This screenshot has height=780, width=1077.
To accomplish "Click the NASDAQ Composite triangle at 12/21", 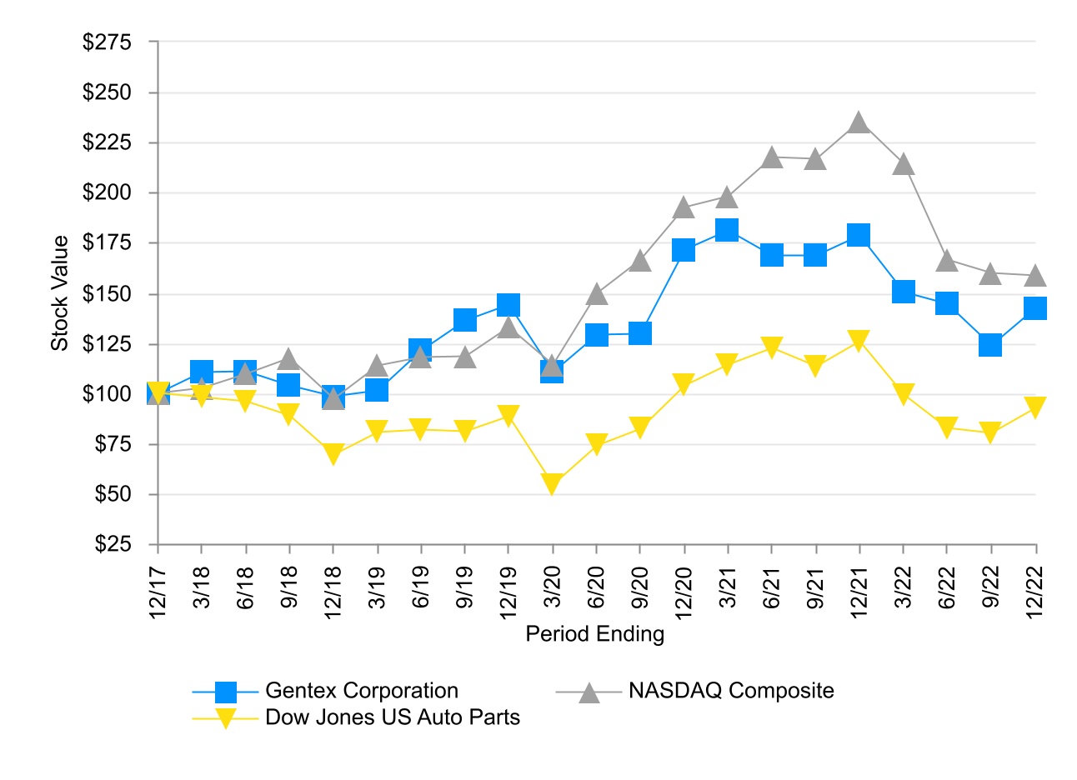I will click(859, 123).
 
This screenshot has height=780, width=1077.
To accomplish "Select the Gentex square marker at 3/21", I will click(727, 230).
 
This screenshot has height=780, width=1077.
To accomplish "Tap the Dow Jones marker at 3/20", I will click(552, 483).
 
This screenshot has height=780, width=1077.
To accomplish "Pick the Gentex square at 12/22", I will click(1035, 308).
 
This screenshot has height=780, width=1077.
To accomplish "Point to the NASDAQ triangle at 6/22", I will click(947, 261).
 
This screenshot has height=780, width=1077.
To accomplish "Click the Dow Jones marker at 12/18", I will click(333, 454).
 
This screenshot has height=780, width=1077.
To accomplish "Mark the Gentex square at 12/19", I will click(508, 304).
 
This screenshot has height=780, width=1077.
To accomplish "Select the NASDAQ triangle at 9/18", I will click(288, 359).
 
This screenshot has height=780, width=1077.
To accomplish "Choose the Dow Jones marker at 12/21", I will click(859, 340).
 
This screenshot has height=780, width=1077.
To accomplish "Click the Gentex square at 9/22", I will click(990, 344).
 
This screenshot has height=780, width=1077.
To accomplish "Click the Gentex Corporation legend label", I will click(361, 691).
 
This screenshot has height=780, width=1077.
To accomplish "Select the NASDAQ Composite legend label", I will click(731, 691).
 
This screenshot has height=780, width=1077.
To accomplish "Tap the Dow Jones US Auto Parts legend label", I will click(392, 717).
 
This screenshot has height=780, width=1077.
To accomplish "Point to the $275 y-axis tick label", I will click(108, 42).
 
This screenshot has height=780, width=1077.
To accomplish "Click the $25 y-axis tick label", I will click(113, 544).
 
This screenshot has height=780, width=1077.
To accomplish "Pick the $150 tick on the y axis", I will click(108, 293).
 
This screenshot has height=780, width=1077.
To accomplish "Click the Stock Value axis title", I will click(60, 293).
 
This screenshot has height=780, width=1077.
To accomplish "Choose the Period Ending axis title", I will click(595, 634).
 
